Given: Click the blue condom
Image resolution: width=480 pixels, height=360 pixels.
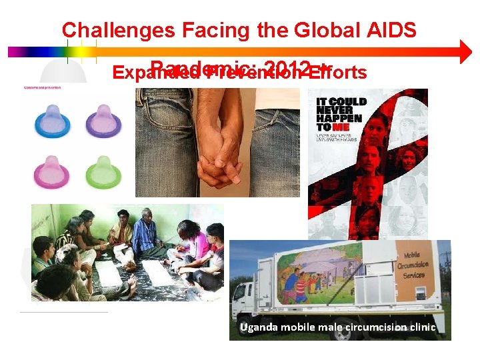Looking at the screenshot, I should click(51, 122).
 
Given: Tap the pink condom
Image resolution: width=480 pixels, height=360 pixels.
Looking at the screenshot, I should click(51, 171).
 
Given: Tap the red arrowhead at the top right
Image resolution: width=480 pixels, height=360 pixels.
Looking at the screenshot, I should click(465, 52).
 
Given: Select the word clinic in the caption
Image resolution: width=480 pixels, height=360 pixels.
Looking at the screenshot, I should click(421, 327).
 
